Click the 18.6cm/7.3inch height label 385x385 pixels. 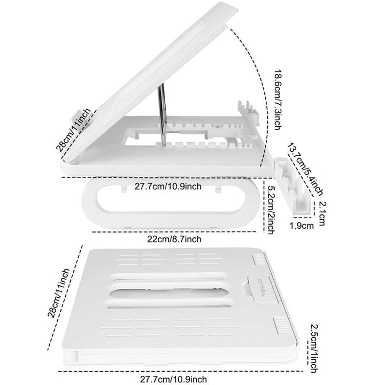click(278, 99)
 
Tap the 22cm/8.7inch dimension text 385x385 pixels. click(174, 239)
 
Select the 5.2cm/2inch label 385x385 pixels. click(271, 210)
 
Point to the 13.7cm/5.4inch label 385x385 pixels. click(305, 170)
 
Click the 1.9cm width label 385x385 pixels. click(302, 226)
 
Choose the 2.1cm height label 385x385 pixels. click(322, 213)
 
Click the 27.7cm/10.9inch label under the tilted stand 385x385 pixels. click(168, 187)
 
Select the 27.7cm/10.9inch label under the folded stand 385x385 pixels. click(173, 379)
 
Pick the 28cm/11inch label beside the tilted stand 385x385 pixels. click(73, 130)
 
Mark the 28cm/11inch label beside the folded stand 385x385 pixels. click(59, 293)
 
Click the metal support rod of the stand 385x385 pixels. click(163, 114)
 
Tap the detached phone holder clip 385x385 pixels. click(292, 187)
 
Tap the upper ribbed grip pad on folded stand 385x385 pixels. click(259, 259)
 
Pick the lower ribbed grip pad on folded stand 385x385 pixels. click(280, 325)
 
